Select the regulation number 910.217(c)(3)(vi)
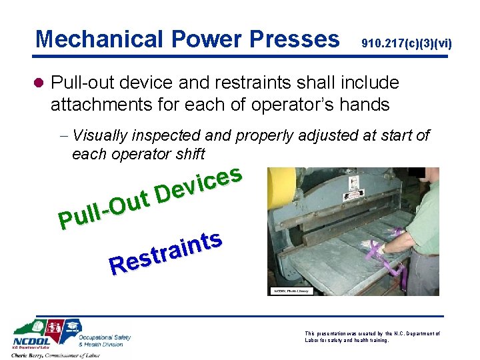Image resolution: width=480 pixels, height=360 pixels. click(x=406, y=44)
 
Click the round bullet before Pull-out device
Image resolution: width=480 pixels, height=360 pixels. click(x=40, y=83)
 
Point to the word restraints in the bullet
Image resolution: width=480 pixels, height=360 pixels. click(x=235, y=83)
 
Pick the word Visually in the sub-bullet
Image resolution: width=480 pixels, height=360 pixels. click(x=100, y=136)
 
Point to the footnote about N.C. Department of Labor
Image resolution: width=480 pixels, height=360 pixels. click(x=371, y=337)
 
